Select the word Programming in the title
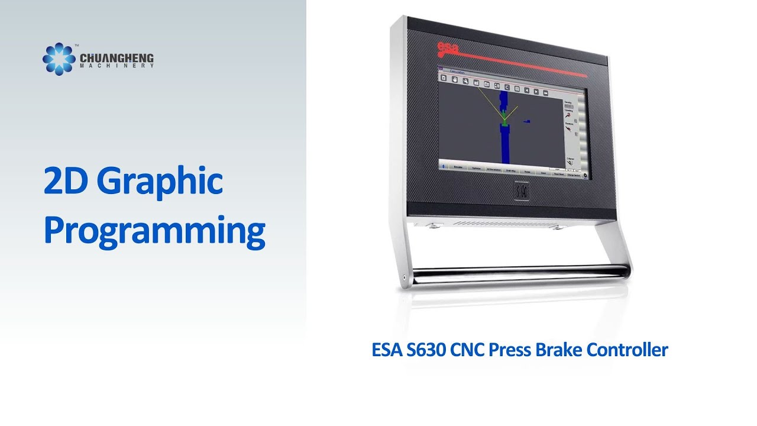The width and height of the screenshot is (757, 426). click(x=154, y=231)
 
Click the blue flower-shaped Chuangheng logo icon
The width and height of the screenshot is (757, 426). click(x=59, y=59)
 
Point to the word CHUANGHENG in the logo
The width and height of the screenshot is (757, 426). click(x=117, y=59)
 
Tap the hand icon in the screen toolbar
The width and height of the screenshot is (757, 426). click(x=455, y=80)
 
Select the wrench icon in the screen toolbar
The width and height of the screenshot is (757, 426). click(x=465, y=82)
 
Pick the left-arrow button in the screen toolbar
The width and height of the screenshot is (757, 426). click(x=526, y=91)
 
